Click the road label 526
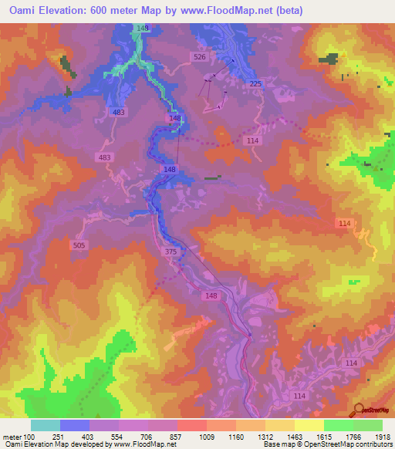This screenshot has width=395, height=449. [x=200, y=57]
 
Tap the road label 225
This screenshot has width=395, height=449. [x=256, y=84]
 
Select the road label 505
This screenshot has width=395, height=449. [x=79, y=245]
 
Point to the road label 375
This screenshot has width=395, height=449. [x=171, y=251]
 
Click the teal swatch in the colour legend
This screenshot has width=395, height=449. [x=46, y=426]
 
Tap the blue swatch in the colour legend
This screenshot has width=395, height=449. [x=75, y=426]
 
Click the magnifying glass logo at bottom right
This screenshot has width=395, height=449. [x=359, y=410]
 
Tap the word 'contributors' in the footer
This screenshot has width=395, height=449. [x=370, y=444]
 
